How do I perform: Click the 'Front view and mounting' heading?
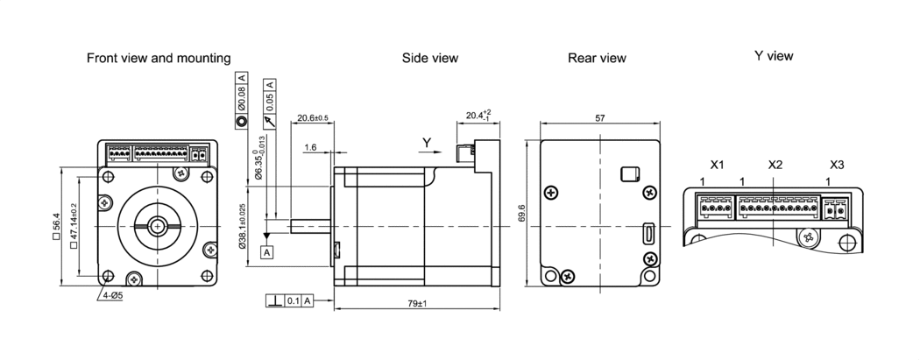point(159,58)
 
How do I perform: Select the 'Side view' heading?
point(430,58)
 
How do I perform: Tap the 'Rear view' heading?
point(597,58)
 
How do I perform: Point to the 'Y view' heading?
point(774,56)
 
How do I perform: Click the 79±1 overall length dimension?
point(417,304)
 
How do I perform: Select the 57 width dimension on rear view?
point(599,118)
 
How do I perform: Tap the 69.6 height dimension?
point(521,214)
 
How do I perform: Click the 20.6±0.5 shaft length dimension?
point(313,118)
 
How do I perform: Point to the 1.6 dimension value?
point(310,147)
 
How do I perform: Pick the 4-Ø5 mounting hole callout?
point(113,295)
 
